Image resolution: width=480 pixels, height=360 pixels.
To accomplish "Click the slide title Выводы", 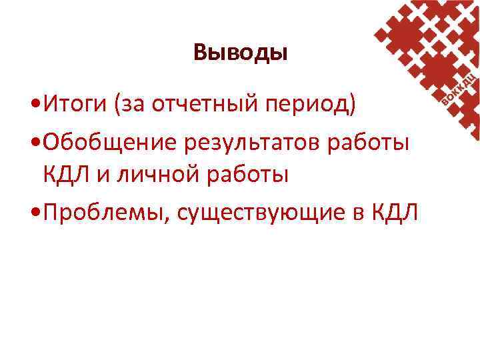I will pyautogui.click(x=240, y=52).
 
